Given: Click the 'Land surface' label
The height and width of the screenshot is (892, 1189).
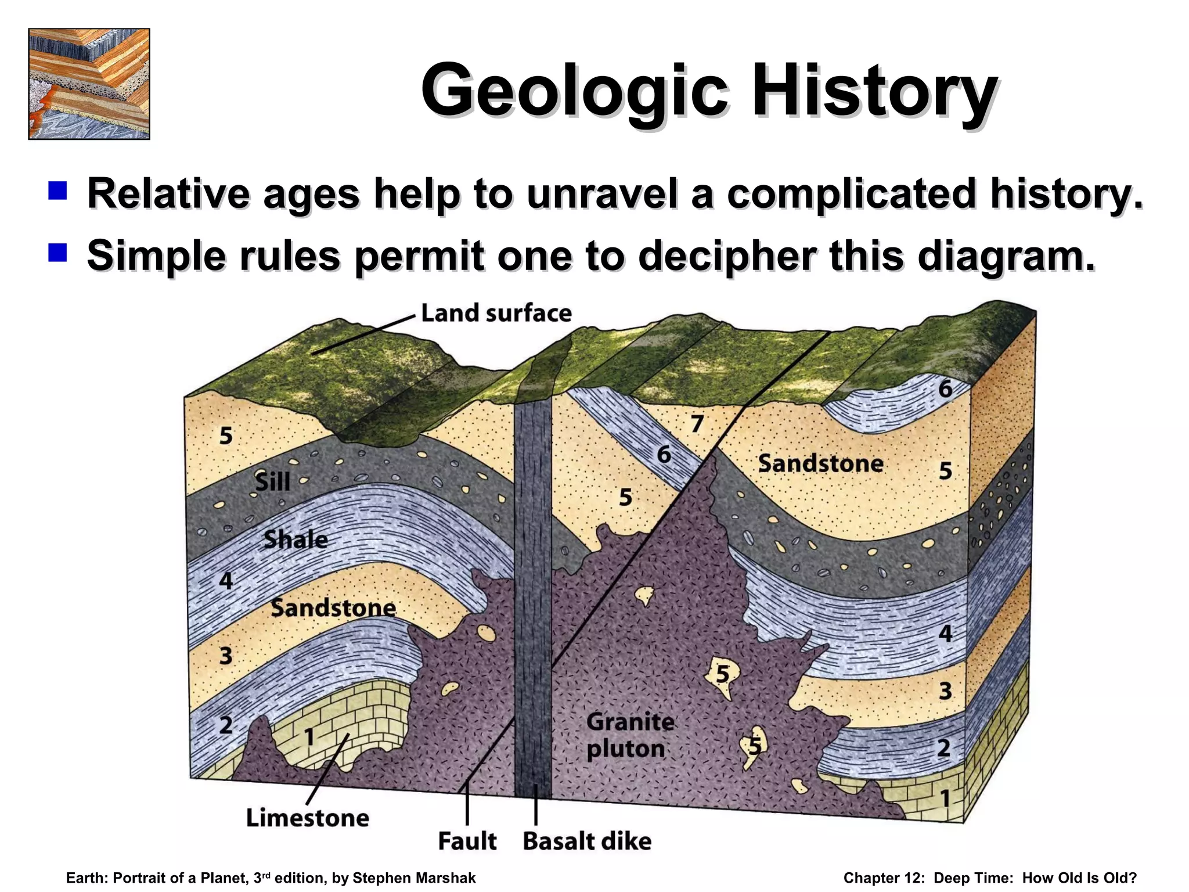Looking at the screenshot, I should pos(496,313).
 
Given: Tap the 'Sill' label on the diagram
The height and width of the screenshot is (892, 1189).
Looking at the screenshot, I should pos(273,482).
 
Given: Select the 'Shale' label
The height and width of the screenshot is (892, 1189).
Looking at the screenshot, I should pos(296,540).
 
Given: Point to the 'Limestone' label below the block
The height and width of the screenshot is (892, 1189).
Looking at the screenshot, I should pos(308,818).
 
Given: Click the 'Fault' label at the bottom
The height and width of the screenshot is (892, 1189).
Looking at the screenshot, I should pos(467,841).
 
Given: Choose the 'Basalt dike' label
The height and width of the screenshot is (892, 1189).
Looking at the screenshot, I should pos(587,841).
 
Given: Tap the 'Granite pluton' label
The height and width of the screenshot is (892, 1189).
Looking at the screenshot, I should pos(630,735).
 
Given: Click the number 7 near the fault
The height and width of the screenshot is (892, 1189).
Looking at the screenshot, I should pos(697,424).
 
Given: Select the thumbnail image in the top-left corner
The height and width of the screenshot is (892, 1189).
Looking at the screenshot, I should pos(89,84).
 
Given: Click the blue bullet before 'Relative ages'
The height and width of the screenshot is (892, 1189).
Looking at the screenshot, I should pos(58,190).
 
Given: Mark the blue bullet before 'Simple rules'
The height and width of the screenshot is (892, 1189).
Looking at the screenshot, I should pos(58,253).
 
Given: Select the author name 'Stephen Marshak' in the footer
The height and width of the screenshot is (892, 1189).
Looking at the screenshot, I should pos(415,878).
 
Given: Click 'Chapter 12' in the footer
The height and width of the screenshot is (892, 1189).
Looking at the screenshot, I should pos(884,878).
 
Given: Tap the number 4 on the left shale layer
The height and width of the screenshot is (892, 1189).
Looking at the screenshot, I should pos(226,581).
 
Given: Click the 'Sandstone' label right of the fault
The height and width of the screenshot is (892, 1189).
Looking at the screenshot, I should pos(821,463).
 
